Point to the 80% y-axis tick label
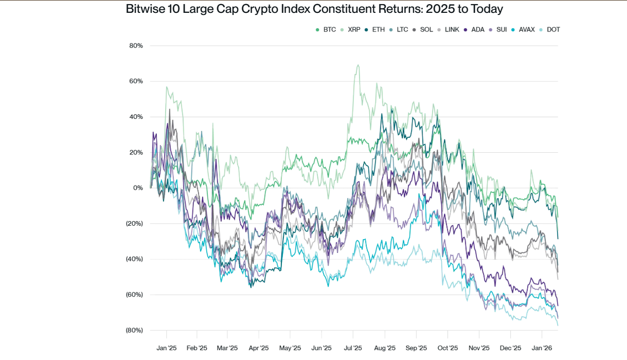pyautogui.click(x=136, y=46)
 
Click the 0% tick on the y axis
pyautogui.click(x=138, y=188)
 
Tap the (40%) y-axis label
pyautogui.click(x=134, y=259)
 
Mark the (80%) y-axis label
pyautogui.click(x=134, y=330)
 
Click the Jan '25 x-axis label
pyautogui.click(x=166, y=348)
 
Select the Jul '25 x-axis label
pyautogui.click(x=353, y=348)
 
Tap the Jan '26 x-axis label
pyautogui.click(x=542, y=348)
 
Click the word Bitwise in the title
pyautogui.click(x=145, y=9)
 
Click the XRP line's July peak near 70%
pyautogui.click(x=357, y=65)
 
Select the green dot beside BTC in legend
pyautogui.click(x=318, y=30)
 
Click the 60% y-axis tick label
pyautogui.click(x=136, y=81)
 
